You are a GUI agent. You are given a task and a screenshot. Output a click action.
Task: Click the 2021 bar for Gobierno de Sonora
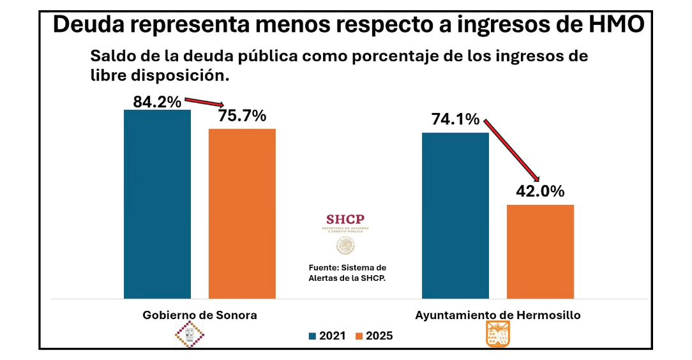click(x=157, y=204)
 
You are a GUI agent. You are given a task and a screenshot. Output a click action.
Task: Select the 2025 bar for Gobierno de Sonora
click(x=242, y=214)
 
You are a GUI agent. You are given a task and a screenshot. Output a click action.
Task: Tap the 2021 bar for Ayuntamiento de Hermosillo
click(x=455, y=215)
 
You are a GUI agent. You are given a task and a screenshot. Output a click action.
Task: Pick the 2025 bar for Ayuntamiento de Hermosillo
click(x=540, y=251)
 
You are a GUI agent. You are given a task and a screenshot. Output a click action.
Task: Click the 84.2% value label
click(x=157, y=101)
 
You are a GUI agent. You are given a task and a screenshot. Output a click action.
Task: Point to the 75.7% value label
click(x=242, y=117)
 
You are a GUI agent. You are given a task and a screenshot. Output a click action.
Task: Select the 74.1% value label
click(x=455, y=119)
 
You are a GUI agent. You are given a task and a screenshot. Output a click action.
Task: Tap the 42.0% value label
click(x=540, y=192)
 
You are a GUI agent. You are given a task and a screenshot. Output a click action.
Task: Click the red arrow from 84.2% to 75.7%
click(x=205, y=103)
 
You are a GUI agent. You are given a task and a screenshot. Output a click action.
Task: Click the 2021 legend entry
click(x=328, y=336)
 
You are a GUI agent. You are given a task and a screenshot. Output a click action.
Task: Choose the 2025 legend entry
click(x=374, y=336)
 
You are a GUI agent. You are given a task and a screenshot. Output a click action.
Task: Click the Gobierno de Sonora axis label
click(x=199, y=315)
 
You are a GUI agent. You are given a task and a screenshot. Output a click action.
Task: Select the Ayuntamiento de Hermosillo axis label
click(x=498, y=315)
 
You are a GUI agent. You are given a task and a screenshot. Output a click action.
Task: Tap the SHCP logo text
click(x=345, y=220)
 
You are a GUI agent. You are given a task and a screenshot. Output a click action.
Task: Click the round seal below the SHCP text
click(x=345, y=245)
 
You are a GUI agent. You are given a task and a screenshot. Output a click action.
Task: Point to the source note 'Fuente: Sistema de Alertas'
click(x=347, y=273)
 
